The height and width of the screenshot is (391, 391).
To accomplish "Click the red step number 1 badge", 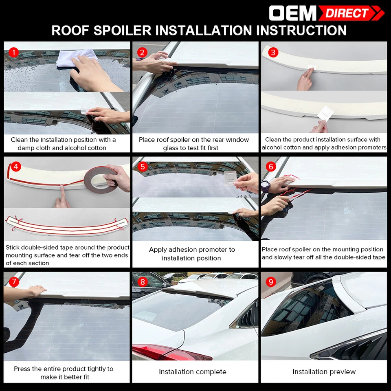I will coord(14,52).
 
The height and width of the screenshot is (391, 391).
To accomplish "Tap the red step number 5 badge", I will coord(142,167).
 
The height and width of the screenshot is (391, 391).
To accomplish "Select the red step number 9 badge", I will coord(271,282).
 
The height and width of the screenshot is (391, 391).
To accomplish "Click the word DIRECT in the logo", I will coord(347,13).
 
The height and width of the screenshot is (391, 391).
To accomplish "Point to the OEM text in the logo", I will coord(292,13).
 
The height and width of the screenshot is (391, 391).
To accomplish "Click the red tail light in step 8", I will coord(171,352).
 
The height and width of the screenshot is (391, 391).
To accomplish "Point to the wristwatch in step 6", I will coord(266,185).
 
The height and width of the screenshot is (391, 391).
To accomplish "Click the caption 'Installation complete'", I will coord(192,372).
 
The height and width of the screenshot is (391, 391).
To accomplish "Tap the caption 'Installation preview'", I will coord(324,372).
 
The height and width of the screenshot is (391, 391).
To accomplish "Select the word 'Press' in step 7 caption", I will coord(22,369).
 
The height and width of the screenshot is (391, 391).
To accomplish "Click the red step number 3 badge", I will coord(273,52).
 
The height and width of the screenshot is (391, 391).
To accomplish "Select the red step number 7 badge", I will coord(14,282).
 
